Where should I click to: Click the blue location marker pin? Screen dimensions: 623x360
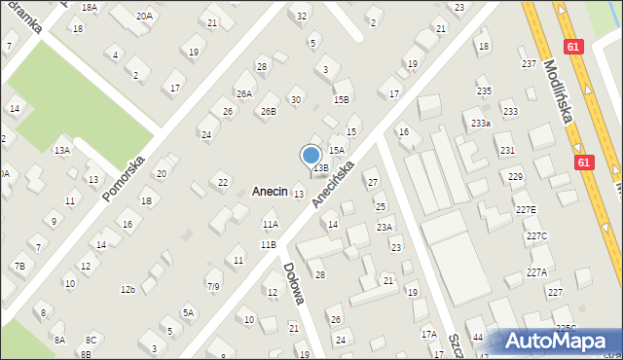[x=311, y=155]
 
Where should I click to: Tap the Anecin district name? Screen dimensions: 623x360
[x=270, y=192]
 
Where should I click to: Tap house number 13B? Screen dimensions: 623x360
[x=319, y=167]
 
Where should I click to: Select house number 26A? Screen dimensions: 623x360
[x=243, y=93]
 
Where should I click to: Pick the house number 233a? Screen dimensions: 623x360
[x=480, y=124]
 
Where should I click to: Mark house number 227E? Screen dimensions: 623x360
[x=526, y=210]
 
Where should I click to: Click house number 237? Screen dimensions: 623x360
[x=529, y=63]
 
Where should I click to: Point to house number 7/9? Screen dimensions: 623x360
[x=213, y=286]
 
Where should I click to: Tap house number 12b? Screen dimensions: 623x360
[x=128, y=289]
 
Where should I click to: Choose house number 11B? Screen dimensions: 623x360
[x=268, y=244]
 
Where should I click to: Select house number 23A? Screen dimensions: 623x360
[x=385, y=227]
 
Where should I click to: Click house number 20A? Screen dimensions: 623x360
[x=144, y=16]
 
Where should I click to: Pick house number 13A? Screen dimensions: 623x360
[x=61, y=151]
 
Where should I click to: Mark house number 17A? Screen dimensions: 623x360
[x=428, y=334]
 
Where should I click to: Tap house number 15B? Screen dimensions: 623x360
[x=341, y=99]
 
